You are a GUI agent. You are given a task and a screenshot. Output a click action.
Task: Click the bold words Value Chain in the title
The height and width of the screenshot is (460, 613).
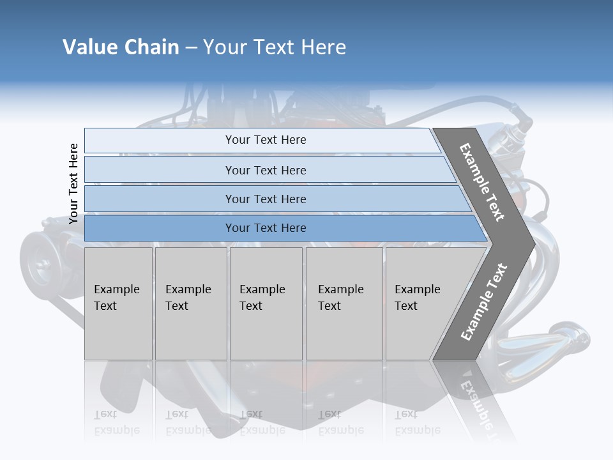[121, 47]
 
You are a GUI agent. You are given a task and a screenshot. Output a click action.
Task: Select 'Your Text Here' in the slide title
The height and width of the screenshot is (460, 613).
[275, 47]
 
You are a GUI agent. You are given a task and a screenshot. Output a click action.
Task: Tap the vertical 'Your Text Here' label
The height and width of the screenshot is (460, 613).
[73, 183]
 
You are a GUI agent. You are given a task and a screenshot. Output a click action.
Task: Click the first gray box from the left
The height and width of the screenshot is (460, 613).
[118, 303]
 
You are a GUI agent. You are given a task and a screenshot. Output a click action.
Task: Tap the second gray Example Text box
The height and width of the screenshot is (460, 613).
[190, 303]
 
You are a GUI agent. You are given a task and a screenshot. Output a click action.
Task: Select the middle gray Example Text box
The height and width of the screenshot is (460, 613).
[266, 303]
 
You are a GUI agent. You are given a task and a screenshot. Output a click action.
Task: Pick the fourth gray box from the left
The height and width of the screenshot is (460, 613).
[344, 303]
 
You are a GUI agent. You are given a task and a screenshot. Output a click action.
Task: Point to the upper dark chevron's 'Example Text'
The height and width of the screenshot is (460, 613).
[482, 182]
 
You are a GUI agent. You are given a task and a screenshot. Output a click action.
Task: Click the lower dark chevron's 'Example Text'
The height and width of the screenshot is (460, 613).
[484, 302]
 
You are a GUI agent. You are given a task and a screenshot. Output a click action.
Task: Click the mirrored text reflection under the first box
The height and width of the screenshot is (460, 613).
[117, 423]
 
